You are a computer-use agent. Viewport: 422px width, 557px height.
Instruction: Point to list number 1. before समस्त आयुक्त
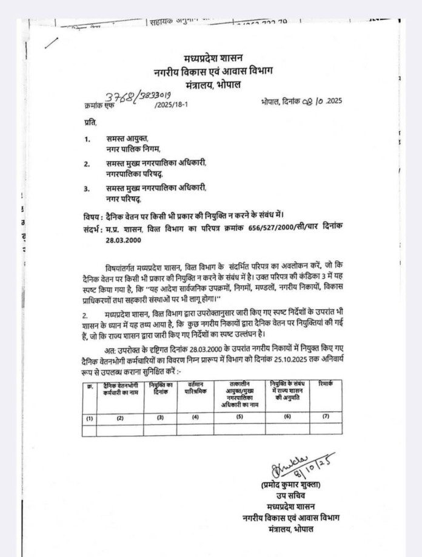[88, 139]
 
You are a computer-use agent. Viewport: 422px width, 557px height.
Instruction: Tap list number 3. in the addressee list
[87, 188]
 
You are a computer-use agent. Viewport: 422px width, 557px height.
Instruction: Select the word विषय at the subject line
[93, 216]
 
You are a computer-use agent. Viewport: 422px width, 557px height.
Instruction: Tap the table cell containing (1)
[90, 419]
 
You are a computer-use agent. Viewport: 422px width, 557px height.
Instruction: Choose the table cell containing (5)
[239, 417]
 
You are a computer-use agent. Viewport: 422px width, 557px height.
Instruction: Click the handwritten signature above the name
[298, 466]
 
